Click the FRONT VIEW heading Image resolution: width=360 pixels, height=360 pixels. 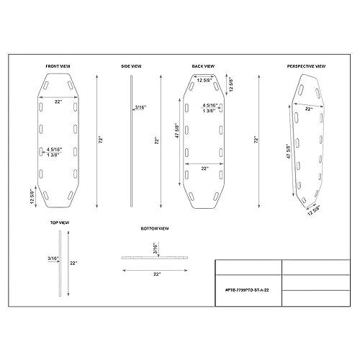click(x=58, y=66)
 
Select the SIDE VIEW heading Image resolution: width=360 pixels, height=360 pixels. click(x=131, y=66)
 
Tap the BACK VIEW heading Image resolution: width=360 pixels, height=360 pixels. click(x=204, y=66)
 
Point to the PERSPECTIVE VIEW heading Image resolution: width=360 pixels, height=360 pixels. click(x=306, y=66)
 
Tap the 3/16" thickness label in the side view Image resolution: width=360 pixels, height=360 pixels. click(x=140, y=107)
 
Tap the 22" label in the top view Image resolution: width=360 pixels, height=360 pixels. click(x=73, y=264)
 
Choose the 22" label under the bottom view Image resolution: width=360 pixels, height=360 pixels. click(x=156, y=274)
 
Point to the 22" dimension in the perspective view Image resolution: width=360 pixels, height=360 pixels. click(x=308, y=109)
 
